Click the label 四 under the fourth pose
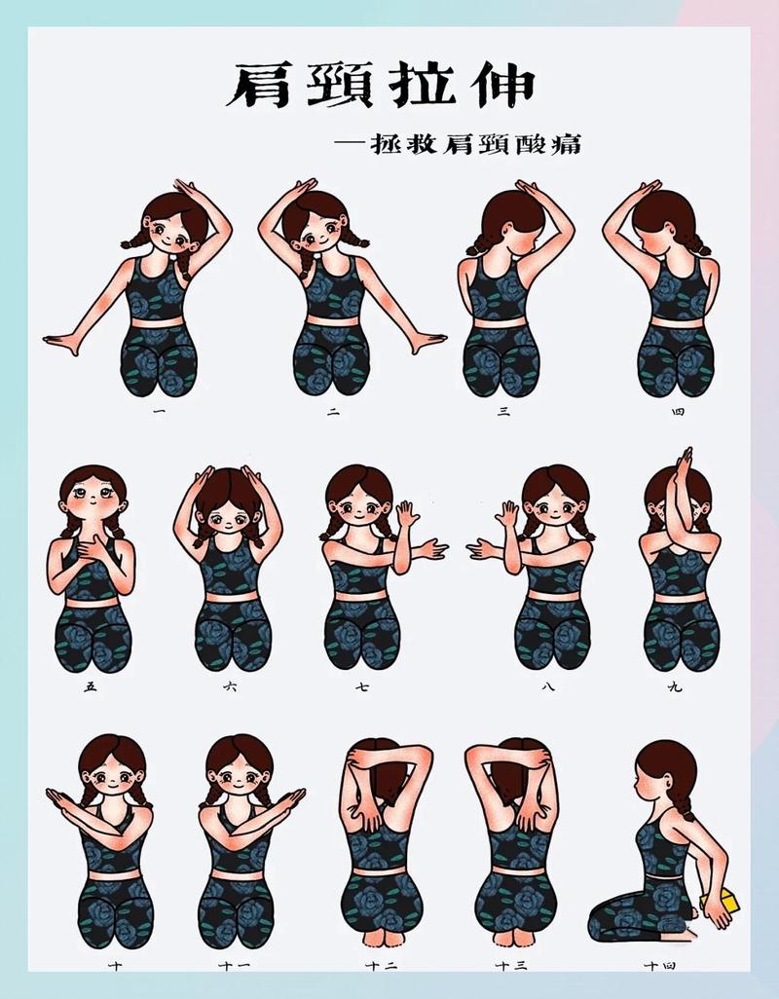click(x=678, y=413)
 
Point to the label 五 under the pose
click(x=92, y=687)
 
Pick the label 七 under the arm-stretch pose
click(x=362, y=687)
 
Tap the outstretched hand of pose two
click(x=428, y=342)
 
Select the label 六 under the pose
click(x=229, y=687)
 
